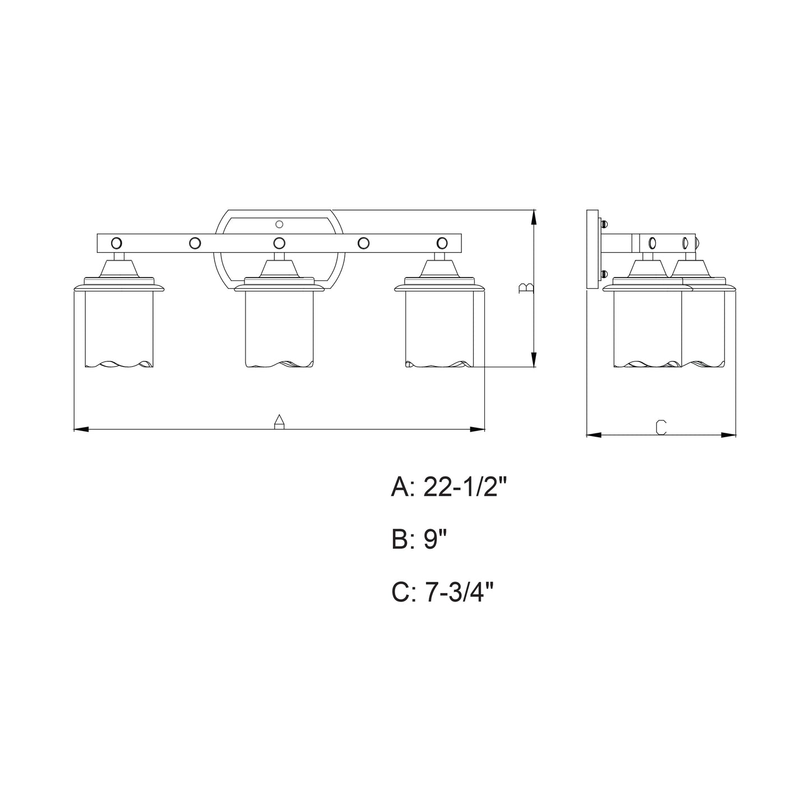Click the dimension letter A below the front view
point(278,422)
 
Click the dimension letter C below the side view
point(661,427)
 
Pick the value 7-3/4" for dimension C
point(459,593)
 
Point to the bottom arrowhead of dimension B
point(534,360)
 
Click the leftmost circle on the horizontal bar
point(117,243)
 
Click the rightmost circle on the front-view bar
point(442,243)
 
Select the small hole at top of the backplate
point(280,224)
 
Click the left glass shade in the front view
point(118,328)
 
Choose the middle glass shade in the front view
point(279,328)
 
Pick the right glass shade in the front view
point(439,328)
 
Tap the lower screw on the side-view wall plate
point(604,274)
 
